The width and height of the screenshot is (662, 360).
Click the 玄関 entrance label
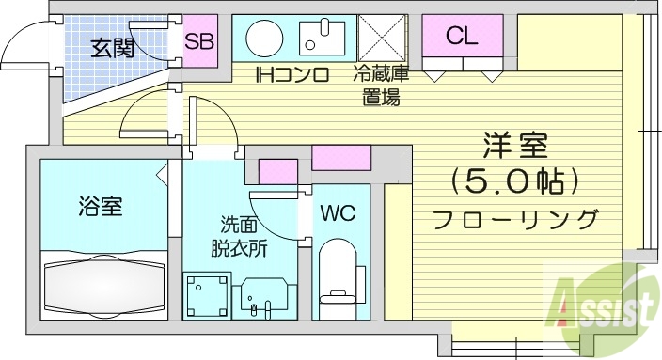tap(112, 47)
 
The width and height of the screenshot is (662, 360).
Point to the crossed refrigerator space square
tap(381, 39)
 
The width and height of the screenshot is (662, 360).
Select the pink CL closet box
tap(462, 38)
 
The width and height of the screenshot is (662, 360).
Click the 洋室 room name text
tap(515, 147)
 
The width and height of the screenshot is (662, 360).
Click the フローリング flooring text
tap(515, 219)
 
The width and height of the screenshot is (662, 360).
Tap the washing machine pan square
tap(205, 296)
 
